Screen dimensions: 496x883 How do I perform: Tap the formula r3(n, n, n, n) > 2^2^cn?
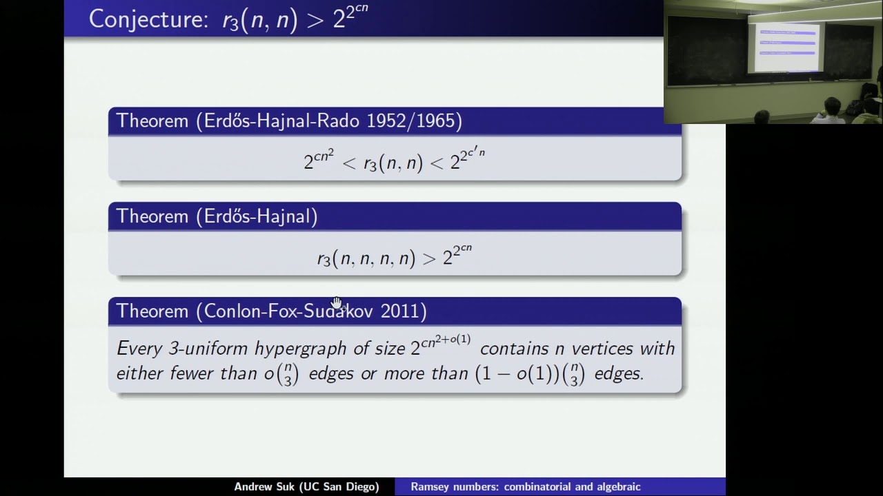[x=394, y=256]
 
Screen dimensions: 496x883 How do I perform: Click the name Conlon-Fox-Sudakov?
[x=289, y=311]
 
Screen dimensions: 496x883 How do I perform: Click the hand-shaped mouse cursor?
[x=337, y=303]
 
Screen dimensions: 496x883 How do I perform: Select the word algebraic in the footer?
[x=614, y=487]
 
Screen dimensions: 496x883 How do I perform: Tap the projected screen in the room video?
[x=786, y=47]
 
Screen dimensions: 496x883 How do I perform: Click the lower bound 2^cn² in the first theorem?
[x=319, y=161]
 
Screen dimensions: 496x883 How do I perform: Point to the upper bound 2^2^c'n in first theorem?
[x=467, y=159]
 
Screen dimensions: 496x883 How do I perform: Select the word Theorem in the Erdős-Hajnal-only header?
[x=152, y=216]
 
